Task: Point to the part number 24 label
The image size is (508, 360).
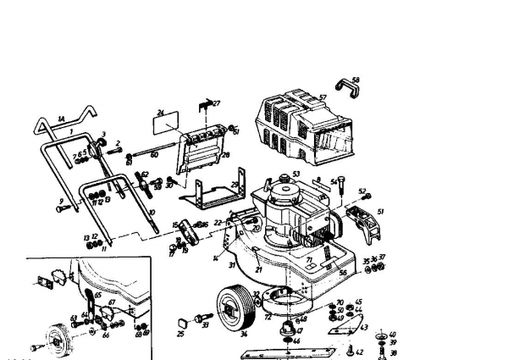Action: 159,112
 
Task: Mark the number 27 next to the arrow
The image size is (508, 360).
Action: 216,103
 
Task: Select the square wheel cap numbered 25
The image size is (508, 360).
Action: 181,322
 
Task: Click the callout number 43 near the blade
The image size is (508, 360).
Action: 365,327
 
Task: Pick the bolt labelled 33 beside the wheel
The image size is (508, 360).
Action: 204,323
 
